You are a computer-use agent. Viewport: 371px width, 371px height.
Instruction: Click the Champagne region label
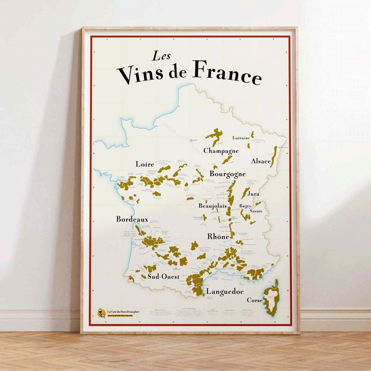tap(221, 151)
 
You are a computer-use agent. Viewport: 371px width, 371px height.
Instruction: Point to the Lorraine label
tap(241, 138)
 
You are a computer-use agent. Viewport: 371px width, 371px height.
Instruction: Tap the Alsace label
tap(261, 161)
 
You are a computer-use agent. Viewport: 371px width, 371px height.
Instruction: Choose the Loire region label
tap(145, 164)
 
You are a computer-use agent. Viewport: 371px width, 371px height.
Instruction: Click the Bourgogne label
tap(227, 174)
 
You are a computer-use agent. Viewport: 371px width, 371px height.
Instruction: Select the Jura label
tap(253, 194)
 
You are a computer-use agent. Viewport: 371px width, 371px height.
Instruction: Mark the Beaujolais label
tap(213, 206)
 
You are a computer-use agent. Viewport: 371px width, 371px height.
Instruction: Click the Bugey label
tap(245, 206)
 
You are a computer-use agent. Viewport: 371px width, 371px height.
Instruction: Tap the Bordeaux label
tap(132, 219)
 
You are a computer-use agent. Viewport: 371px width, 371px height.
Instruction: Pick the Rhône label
tap(218, 236)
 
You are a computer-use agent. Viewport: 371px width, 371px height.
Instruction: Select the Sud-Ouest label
tap(163, 277)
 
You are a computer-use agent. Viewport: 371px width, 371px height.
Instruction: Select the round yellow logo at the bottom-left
tap(100, 313)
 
